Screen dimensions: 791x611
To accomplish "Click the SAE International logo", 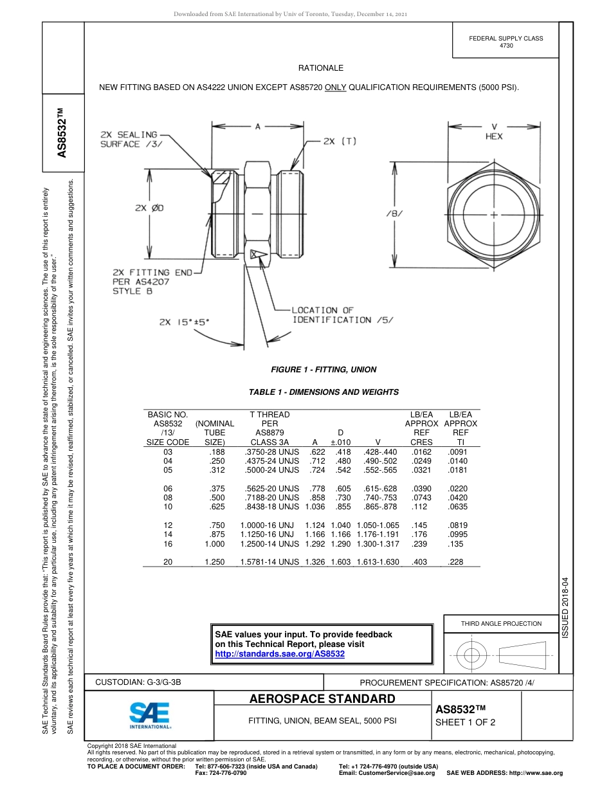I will (149, 714).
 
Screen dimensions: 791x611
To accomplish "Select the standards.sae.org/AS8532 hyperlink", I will (279, 653).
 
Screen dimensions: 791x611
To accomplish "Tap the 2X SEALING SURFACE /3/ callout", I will (129, 140).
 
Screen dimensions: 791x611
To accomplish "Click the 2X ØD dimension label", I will (149, 208).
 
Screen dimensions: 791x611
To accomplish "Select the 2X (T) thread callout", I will (340, 140).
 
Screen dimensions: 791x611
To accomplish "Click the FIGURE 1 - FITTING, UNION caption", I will (324, 370).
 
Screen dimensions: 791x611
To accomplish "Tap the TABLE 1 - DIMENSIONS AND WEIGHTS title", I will (324, 392).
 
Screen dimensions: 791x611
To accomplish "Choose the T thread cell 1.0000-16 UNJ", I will (267, 525).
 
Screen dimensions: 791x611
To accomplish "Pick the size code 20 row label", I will (168, 562).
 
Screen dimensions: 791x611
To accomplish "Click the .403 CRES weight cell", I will (419, 562).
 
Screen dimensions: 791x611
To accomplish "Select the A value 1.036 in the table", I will (313, 507).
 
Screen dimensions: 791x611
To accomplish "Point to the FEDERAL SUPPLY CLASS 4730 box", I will (506, 42).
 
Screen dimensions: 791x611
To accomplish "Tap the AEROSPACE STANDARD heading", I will (322, 699).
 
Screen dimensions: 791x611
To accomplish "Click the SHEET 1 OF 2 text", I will (466, 722).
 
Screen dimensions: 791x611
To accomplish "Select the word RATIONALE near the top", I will (320, 68).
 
